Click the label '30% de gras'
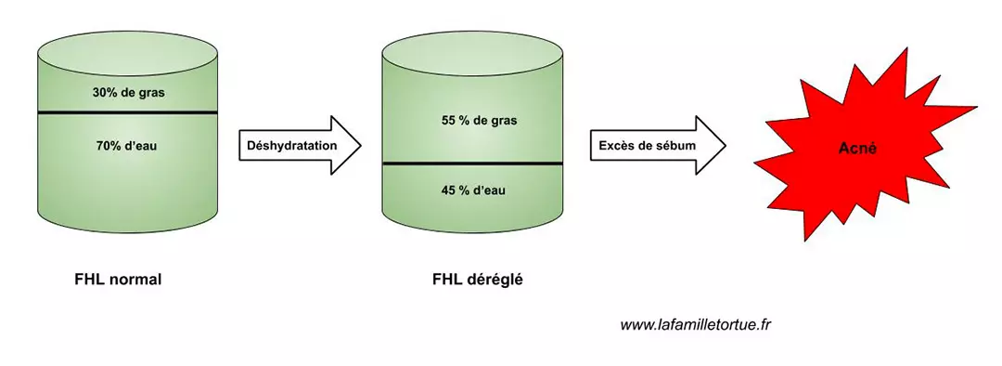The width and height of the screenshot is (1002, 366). (128, 93)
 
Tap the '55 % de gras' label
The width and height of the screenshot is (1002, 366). (473, 121)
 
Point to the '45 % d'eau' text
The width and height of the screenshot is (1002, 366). (473, 190)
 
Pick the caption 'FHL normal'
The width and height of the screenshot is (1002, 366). (118, 279)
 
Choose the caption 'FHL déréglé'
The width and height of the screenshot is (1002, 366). (478, 279)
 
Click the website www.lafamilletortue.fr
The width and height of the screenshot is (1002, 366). (697, 324)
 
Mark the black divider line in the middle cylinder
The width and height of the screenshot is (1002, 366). (473, 163)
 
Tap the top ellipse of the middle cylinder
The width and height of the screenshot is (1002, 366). (473, 46)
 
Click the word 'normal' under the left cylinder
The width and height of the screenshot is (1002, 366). (135, 279)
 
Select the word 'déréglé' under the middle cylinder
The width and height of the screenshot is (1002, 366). (495, 279)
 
